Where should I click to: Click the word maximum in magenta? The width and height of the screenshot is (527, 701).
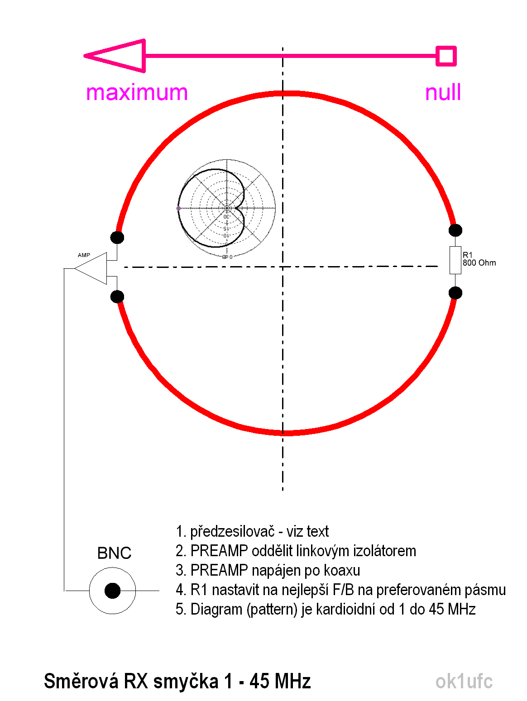coord(137,93)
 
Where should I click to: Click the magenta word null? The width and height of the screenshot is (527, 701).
coord(443,92)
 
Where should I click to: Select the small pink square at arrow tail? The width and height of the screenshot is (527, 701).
coord(446,56)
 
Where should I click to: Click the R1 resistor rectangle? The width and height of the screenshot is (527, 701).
coord(455,260)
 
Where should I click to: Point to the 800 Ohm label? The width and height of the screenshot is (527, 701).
coord(479,263)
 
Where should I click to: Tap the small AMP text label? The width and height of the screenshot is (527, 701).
coord(84,255)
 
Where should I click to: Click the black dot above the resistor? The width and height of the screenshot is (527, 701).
coord(455,230)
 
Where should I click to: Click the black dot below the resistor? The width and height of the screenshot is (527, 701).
coord(455,293)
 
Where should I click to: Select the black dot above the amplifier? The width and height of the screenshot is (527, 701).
coord(117,237)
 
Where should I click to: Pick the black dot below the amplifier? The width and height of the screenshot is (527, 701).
coord(117,296)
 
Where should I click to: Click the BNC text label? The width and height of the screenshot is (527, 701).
coord(114,553)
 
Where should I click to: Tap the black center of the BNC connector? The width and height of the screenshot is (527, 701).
coord(112,591)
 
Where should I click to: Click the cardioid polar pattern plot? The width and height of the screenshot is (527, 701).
coord(226,209)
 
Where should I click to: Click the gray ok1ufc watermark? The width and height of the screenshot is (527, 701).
coord(464,682)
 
